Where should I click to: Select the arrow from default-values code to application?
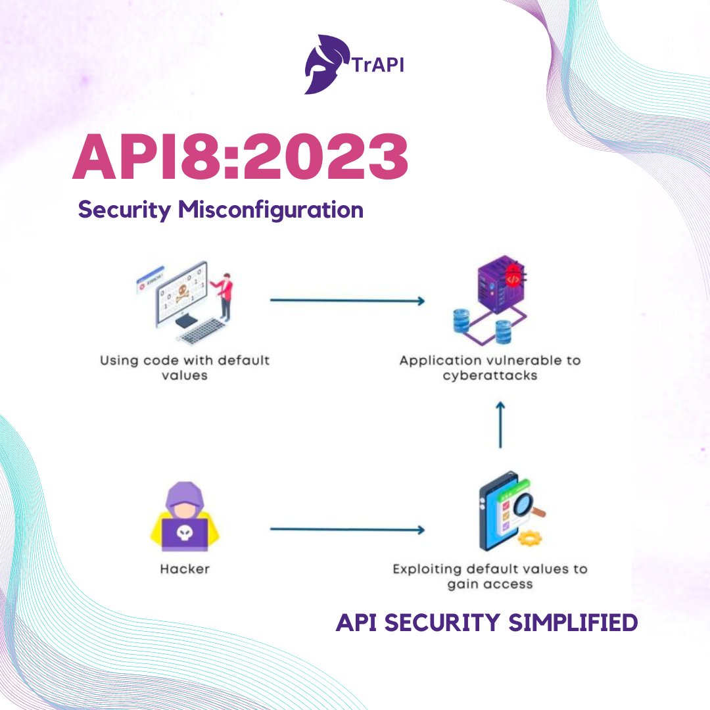pos(347,300)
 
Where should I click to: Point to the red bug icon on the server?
pos(513,278)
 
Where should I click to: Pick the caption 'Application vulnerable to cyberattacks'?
pos(490,368)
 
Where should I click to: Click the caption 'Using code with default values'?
pos(185,368)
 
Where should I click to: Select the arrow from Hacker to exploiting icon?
pos(347,529)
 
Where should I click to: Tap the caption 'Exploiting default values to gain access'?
pos(490,576)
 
